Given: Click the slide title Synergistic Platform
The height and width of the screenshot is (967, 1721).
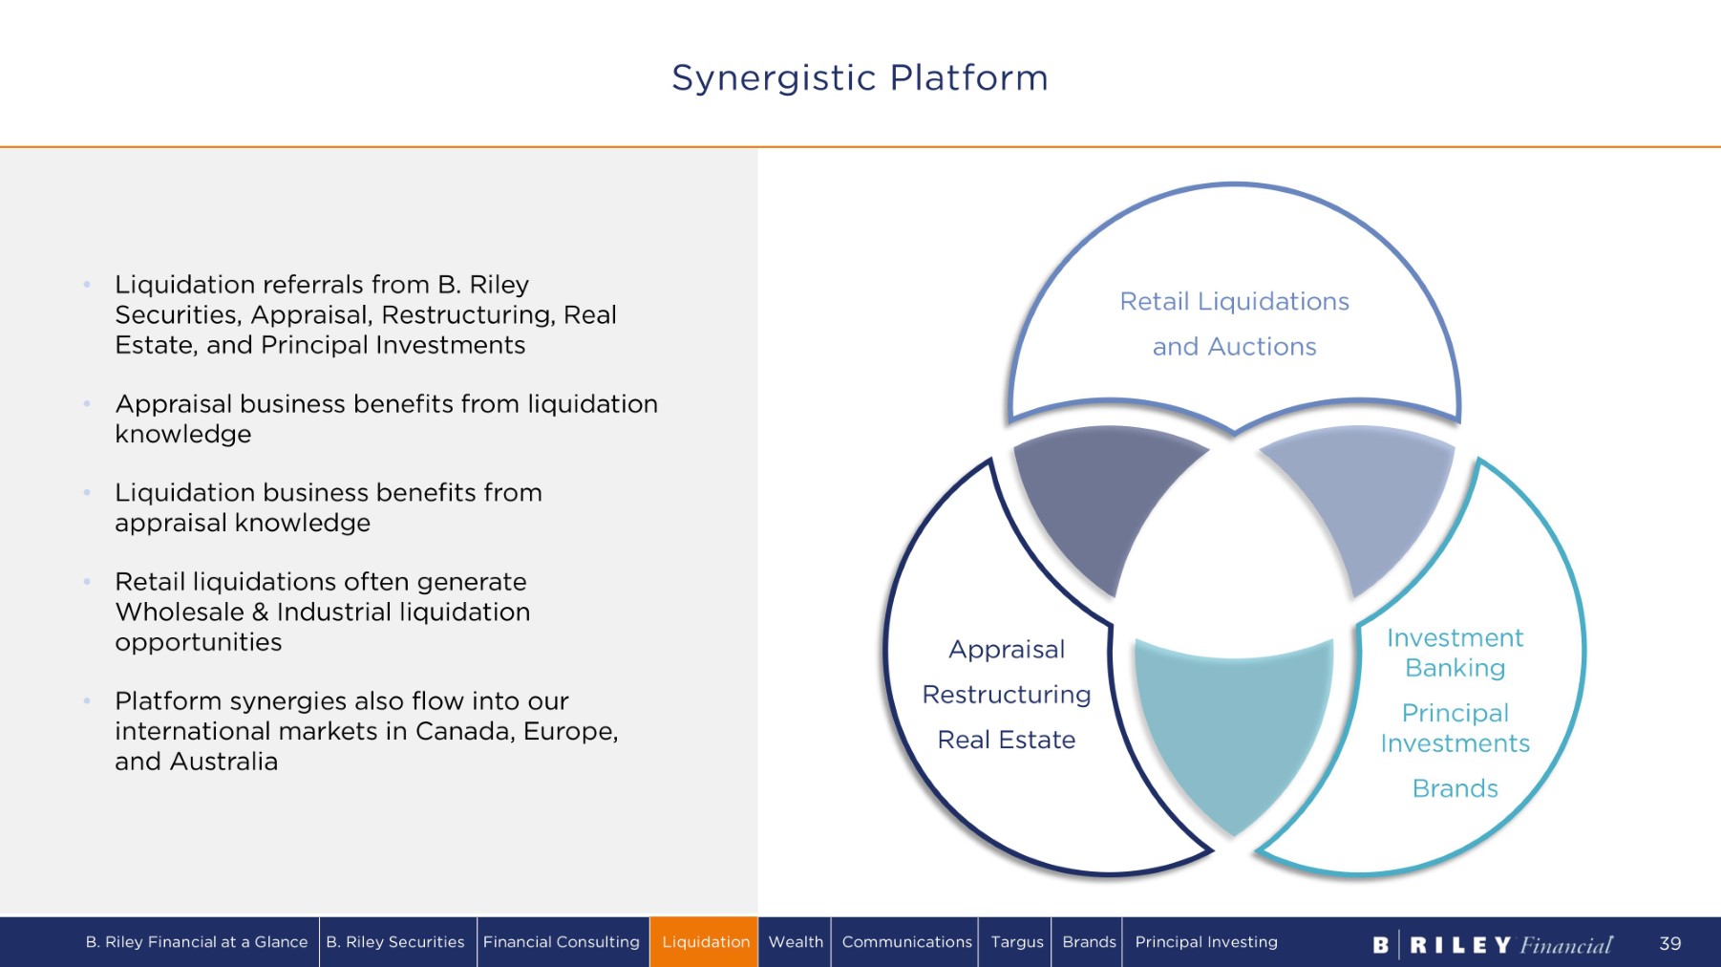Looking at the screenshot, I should [x=860, y=77].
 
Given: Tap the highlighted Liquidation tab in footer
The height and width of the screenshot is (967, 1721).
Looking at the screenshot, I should [x=705, y=942].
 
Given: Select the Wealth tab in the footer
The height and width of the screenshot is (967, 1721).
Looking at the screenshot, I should [x=796, y=942].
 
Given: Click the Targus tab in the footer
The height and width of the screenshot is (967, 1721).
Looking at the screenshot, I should [x=1016, y=942].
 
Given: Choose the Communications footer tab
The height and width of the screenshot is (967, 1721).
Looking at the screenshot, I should [x=906, y=942].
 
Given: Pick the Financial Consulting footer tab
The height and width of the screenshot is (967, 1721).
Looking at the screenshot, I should [x=562, y=942].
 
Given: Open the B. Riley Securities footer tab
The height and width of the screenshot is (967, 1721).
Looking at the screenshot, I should [x=395, y=942].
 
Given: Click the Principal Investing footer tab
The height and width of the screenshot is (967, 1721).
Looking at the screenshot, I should [x=1205, y=942].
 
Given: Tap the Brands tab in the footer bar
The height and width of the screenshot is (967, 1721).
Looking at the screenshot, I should [x=1089, y=942].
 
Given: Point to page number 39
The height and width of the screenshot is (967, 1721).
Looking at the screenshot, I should [x=1669, y=944].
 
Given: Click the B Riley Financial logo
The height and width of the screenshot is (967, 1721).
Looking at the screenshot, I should [x=1492, y=945].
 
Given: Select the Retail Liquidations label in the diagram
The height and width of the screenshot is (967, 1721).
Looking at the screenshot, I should [x=1234, y=302].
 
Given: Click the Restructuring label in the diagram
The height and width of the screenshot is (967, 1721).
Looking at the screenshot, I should [x=1007, y=695].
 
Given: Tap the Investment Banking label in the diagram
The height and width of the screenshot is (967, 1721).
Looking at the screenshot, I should [x=1455, y=653].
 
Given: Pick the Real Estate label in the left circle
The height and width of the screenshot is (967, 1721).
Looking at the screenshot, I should [x=1007, y=740].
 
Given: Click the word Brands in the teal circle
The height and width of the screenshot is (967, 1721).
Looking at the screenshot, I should [x=1455, y=788].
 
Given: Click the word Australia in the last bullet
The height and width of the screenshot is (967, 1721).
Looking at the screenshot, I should [x=223, y=762].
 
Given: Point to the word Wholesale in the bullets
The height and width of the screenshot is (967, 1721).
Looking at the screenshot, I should [x=179, y=612].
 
